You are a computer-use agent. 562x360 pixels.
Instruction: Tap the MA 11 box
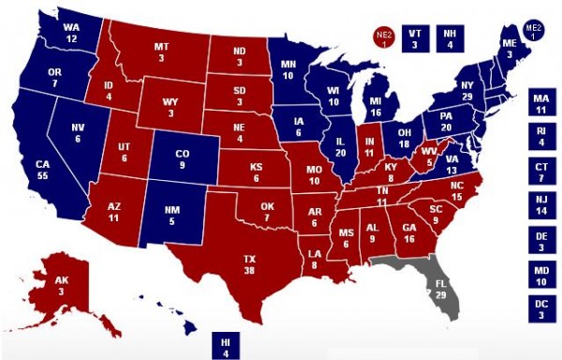(540, 103)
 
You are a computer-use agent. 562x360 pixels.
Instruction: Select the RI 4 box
(540, 137)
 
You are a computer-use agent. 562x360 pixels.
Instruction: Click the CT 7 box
(540, 172)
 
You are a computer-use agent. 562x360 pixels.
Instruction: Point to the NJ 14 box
(540, 206)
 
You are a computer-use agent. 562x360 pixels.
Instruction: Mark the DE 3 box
(540, 241)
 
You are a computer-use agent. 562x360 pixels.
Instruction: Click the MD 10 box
(540, 276)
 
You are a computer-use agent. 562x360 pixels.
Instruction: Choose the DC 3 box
(540, 310)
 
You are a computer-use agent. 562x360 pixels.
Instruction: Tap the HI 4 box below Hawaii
(225, 346)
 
